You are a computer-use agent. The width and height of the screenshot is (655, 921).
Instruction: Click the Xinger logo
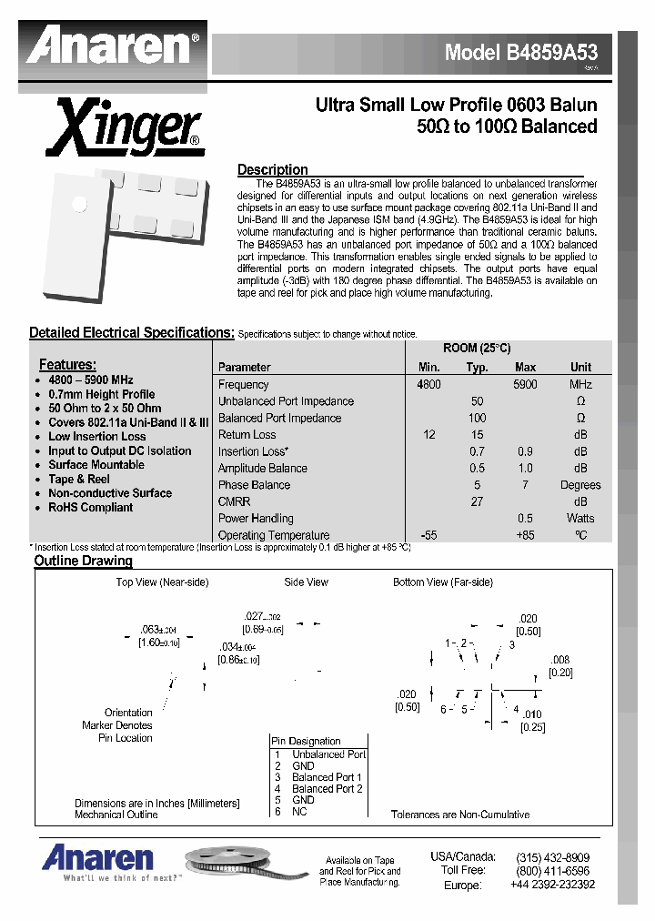[x=125, y=128]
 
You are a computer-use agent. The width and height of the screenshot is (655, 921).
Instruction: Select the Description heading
[x=272, y=169]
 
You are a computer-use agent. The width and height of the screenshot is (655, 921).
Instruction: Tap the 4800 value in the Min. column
[x=428, y=385]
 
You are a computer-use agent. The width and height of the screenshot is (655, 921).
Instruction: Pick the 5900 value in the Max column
[x=525, y=385]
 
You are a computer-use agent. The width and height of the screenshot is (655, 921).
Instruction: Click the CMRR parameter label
[x=234, y=501]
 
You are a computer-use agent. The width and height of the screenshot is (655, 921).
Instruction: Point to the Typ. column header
[x=478, y=368]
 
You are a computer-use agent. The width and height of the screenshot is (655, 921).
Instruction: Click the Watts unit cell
[x=580, y=519]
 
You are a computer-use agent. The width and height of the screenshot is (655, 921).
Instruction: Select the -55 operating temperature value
[x=428, y=536]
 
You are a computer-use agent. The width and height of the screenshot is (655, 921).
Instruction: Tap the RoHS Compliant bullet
[x=90, y=508]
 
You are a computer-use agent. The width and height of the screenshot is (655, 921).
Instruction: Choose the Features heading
[x=67, y=365]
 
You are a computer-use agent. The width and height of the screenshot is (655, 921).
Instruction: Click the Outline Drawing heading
[x=83, y=561]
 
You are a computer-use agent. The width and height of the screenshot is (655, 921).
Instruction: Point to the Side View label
[x=306, y=582]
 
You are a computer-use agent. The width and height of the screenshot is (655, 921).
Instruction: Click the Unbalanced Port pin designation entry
[x=328, y=754]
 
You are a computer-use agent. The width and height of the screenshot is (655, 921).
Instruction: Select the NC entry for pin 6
[x=299, y=811]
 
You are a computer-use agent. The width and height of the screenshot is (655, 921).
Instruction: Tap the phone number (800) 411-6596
[x=552, y=870]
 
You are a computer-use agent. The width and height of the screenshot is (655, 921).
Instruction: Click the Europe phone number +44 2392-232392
[x=552, y=885]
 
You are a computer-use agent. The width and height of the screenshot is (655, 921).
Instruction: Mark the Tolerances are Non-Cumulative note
[x=460, y=815]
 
